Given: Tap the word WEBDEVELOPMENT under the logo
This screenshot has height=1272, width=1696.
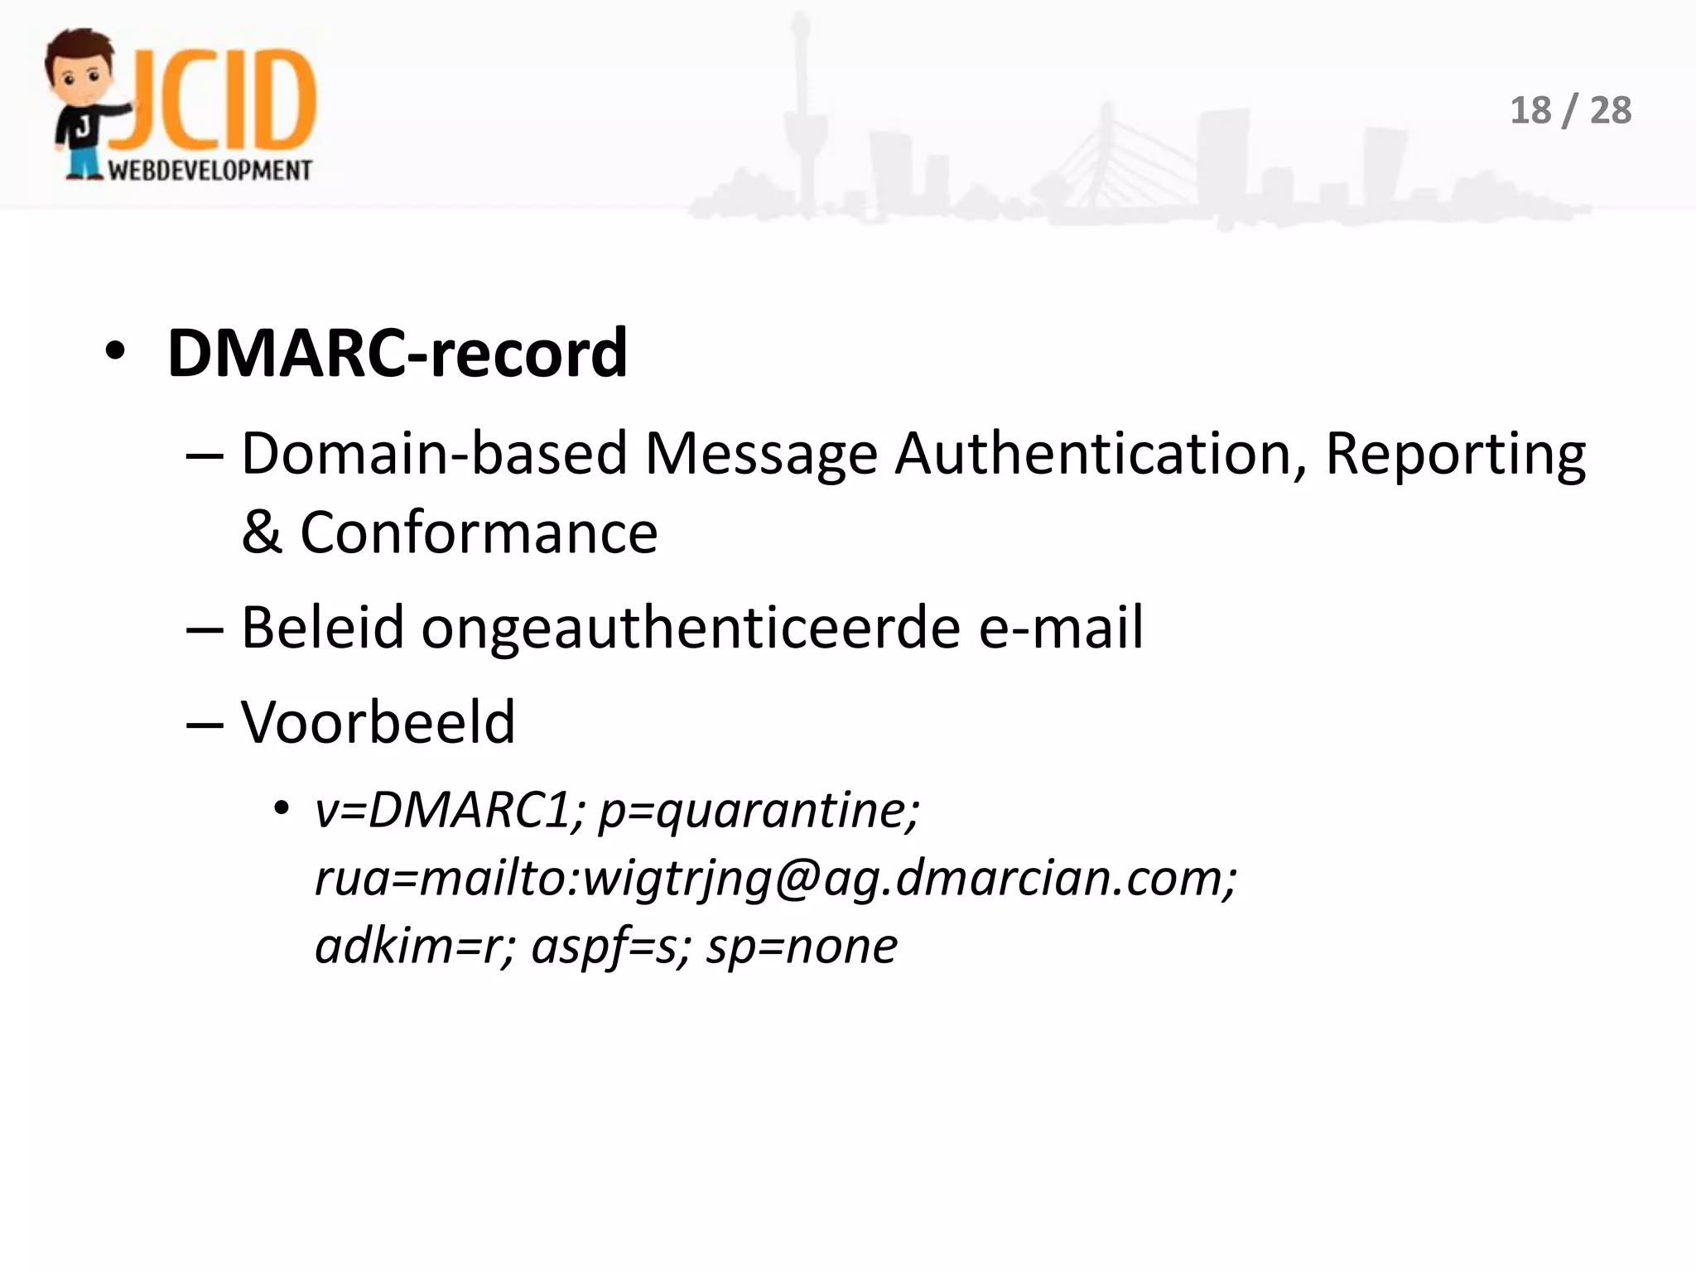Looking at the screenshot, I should coord(210,170).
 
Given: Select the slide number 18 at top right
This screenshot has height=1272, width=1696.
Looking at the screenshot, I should coord(1530,111).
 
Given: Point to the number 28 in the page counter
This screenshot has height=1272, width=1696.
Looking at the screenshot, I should coord(1611,111).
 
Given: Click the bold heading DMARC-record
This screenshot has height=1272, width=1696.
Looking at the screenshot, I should coord(397,354).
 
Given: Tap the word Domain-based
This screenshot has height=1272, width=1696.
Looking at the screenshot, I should coord(434,454).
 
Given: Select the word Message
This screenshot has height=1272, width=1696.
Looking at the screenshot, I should coord(760,454).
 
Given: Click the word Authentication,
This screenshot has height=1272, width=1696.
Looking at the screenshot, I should coord(1101,454).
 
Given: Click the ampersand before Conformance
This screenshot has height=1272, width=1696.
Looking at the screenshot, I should coord(262,532).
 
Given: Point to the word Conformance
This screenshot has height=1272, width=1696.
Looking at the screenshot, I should coord(479,532).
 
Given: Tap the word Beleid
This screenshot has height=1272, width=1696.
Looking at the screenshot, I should coord(322,627).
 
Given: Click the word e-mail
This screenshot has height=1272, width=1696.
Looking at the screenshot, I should coord(1061,627).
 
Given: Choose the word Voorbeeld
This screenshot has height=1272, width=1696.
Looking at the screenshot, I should coord(378,722).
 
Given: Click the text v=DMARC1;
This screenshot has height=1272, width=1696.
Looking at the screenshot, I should coord(450,810).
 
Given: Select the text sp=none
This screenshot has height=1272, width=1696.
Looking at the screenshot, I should coord(801,947).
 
